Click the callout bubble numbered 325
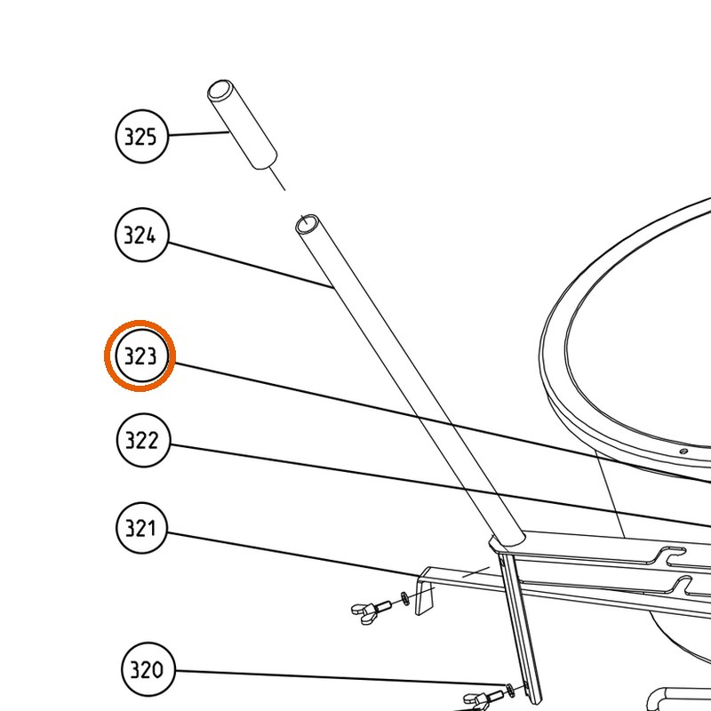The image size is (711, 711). (x=142, y=136)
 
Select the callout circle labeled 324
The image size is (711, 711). (x=142, y=235)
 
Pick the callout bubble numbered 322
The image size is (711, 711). (x=143, y=440)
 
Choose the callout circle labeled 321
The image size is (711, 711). (x=142, y=528)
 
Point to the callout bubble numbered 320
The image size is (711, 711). (x=148, y=669)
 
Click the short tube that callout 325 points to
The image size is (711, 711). (x=242, y=124)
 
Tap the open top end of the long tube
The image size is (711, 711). (x=307, y=224)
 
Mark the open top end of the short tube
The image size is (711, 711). (x=220, y=91)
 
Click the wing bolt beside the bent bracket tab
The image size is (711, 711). (x=371, y=609)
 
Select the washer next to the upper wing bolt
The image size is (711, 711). (x=405, y=598)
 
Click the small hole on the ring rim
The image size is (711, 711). (x=684, y=451)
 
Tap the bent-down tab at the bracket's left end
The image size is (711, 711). (x=425, y=594)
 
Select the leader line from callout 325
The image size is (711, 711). (x=197, y=133)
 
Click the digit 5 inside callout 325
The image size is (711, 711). (x=151, y=137)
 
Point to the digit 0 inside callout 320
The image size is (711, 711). (x=157, y=670)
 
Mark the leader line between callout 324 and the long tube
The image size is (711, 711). (x=251, y=265)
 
